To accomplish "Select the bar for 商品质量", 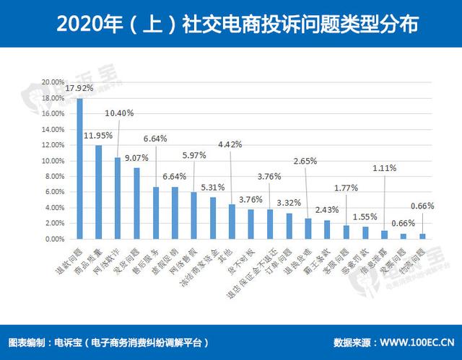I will tap(99, 192).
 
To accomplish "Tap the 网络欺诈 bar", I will tap(118, 198).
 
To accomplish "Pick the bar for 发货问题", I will tap(136, 203).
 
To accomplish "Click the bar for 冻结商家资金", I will tap(213, 218).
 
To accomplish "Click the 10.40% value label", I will tap(119, 113).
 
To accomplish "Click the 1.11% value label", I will tap(385, 168).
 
